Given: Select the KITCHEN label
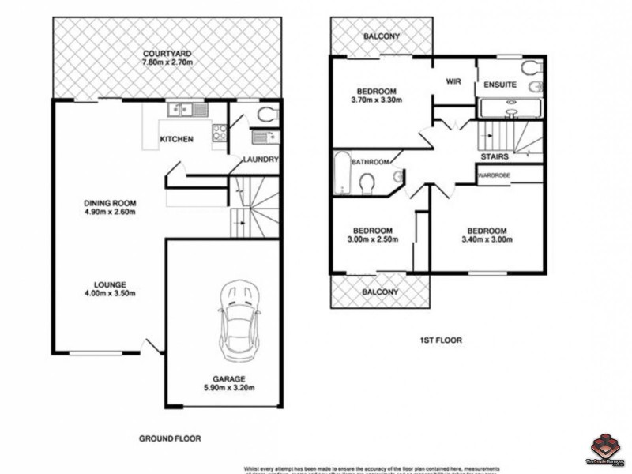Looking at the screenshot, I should point(176,140).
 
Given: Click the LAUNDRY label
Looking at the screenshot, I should point(261,160).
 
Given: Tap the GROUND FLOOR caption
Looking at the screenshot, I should point(171,438).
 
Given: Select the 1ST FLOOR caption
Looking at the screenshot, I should point(441,340).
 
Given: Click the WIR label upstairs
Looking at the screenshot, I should point(453,81).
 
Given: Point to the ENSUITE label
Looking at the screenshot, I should point(501,85).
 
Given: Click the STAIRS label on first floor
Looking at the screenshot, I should point(495,157).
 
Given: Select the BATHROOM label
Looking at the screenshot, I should point(370,162).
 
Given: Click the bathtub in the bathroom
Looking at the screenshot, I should point(341,172).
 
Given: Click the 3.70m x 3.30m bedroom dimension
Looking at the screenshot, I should point(376,100).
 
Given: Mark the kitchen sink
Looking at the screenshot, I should point(190,111).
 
